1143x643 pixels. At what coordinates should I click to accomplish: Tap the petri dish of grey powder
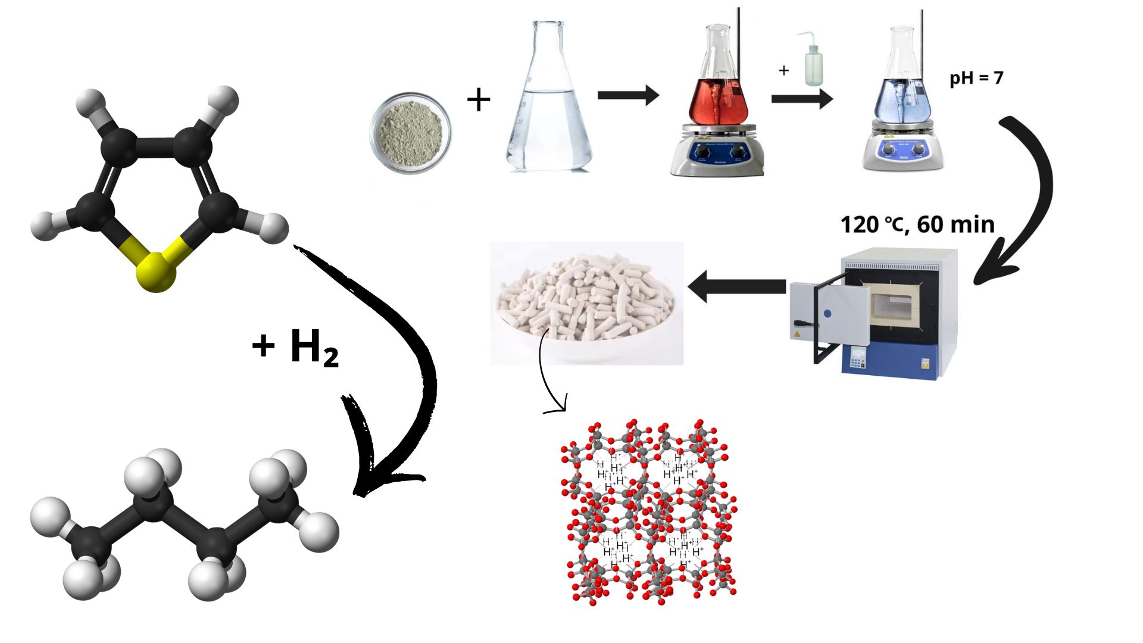click(x=410, y=132)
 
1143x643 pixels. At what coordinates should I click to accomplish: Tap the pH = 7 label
click(x=976, y=78)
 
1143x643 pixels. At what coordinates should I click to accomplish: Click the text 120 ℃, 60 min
click(x=917, y=224)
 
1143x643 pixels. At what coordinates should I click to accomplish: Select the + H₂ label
click(x=295, y=347)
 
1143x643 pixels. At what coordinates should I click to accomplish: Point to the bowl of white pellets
click(x=586, y=304)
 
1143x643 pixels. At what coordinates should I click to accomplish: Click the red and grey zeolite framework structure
click(x=649, y=512)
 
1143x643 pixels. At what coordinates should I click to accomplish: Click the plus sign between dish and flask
click(x=479, y=99)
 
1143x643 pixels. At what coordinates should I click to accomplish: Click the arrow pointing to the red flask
click(x=628, y=95)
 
